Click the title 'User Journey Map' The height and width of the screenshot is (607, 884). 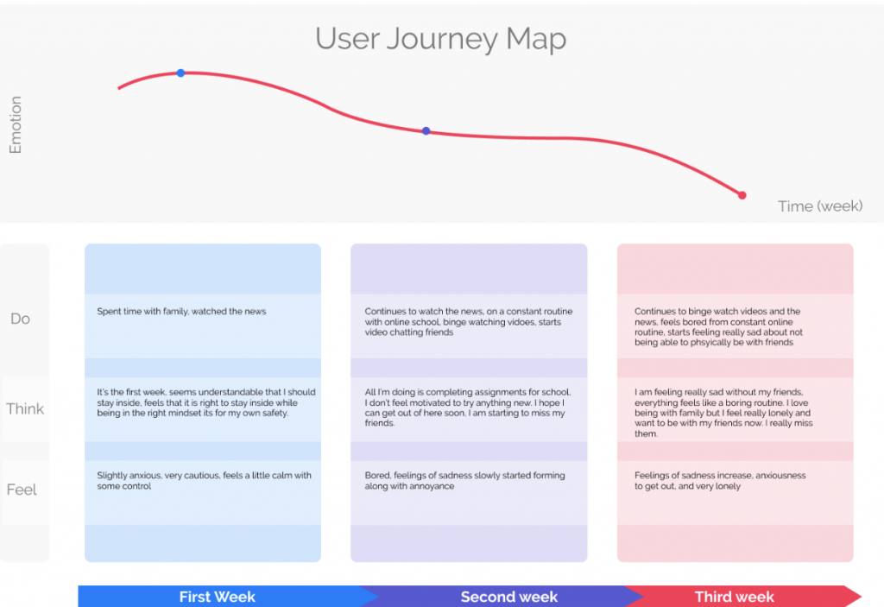440,40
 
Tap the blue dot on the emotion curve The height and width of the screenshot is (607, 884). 180,73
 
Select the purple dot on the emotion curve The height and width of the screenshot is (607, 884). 426,131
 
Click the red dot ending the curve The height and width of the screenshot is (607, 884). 742,195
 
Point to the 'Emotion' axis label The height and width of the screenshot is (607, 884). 16,124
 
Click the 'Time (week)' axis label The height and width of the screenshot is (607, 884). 820,205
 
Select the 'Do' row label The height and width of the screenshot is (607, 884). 21,319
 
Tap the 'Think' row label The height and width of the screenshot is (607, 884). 25,408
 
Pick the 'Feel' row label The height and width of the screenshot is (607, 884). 22,489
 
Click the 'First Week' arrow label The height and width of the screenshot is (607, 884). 217,597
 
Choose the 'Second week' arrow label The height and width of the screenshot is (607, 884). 509,597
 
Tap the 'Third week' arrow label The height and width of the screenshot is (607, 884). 734,597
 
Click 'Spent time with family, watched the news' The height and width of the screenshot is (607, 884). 181,312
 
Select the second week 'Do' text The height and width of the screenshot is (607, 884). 469,321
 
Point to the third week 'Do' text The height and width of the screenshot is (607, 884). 719,326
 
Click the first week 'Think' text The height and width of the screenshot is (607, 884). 206,402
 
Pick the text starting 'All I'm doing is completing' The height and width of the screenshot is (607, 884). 467,408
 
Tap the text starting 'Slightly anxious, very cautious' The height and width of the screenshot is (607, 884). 204,481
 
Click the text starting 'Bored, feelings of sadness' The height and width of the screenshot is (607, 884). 464,481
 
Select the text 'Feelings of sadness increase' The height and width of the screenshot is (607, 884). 720,481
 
